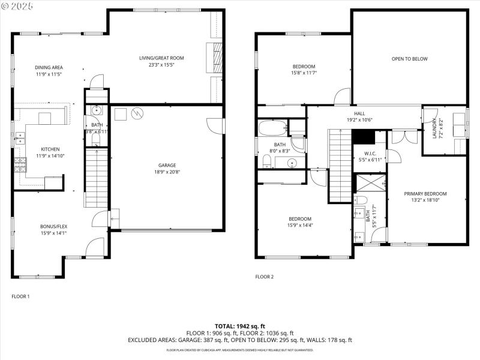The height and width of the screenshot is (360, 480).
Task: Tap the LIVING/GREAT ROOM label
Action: point(161,58)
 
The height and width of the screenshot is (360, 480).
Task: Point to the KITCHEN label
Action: point(50,149)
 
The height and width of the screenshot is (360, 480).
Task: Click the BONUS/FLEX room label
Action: point(53,227)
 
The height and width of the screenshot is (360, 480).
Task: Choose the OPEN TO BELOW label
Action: point(409,59)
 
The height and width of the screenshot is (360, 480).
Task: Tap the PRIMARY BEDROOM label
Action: point(425,194)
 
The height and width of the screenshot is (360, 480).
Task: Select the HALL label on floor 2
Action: point(359,112)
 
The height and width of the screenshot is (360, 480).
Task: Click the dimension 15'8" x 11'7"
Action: point(304,73)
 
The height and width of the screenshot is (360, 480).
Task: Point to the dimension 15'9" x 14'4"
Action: point(300,226)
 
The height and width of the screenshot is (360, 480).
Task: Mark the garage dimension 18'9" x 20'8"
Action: point(167,172)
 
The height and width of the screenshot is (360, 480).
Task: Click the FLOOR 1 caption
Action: point(21,296)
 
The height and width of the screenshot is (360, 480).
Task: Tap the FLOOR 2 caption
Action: point(265,277)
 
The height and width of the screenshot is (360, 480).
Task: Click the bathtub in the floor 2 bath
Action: point(273,128)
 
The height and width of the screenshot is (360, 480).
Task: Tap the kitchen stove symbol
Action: point(20,163)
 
